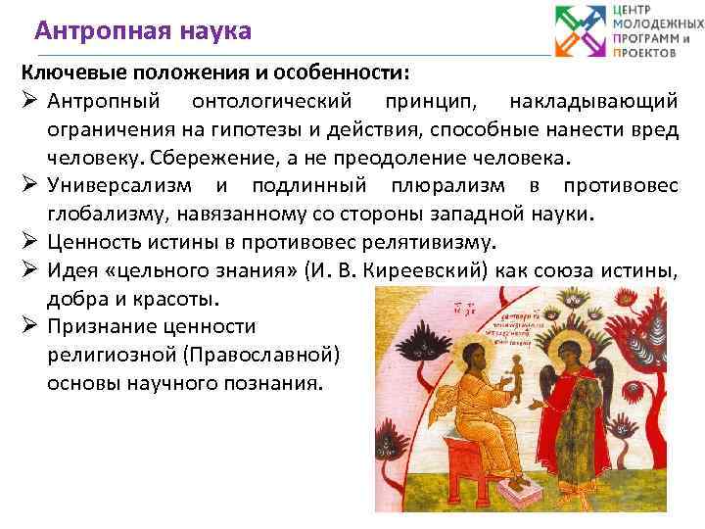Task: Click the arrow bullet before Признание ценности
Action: (x=29, y=327)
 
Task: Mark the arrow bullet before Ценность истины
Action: (x=29, y=243)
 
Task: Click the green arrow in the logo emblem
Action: (x=570, y=20)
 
